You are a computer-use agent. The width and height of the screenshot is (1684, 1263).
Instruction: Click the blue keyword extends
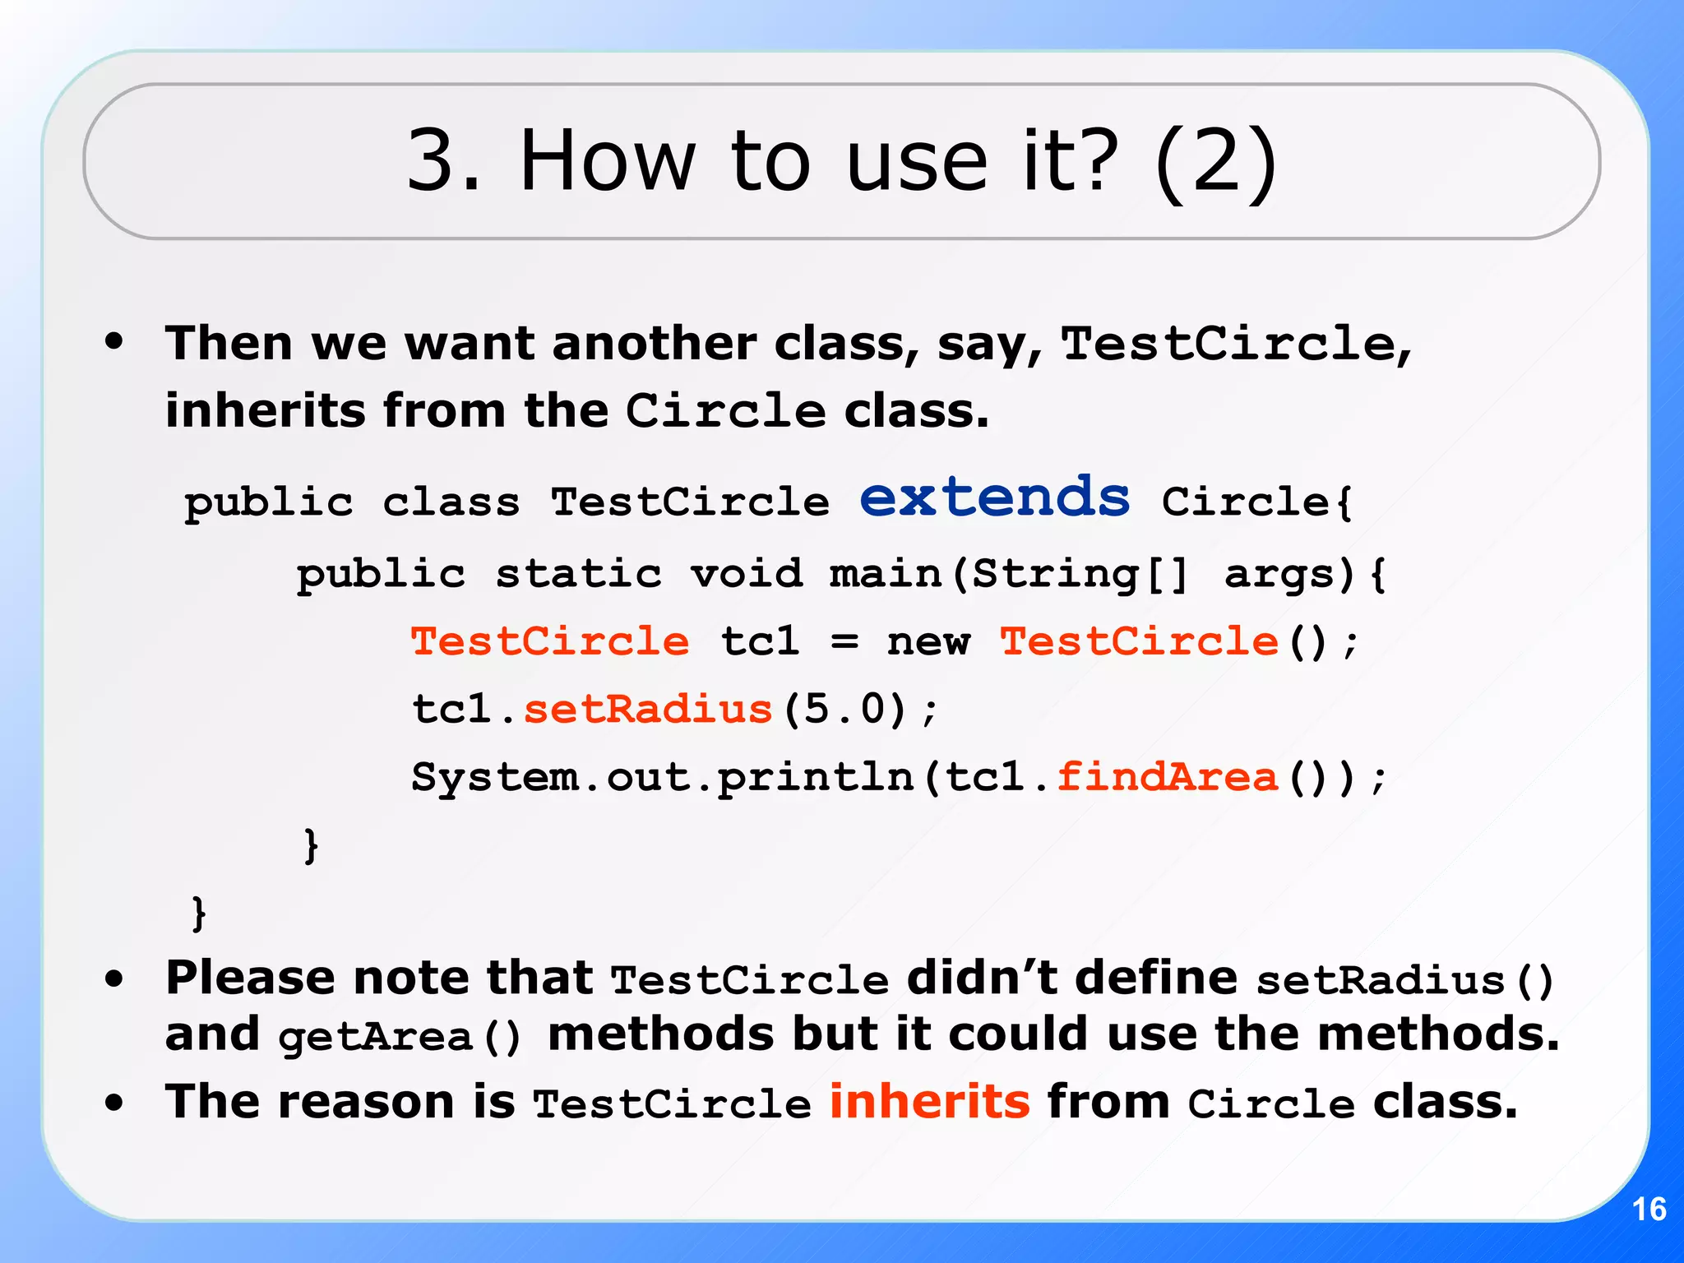(x=995, y=498)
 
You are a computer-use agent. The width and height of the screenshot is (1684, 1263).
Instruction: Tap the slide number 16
(x=1649, y=1210)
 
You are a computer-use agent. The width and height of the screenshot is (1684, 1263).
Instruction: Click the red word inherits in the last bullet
(x=929, y=1101)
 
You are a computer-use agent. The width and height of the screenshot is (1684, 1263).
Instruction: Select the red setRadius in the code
(x=648, y=709)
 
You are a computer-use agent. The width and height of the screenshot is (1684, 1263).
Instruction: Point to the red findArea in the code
(x=1168, y=777)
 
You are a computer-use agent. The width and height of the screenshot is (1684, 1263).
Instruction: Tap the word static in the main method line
(x=578, y=573)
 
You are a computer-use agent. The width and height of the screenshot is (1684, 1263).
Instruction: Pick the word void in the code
(x=747, y=573)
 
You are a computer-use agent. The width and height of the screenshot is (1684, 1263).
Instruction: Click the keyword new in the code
(x=928, y=641)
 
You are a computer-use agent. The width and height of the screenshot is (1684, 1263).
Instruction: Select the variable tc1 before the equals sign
(x=760, y=641)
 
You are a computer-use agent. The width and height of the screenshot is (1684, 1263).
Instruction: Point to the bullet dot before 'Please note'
(x=114, y=978)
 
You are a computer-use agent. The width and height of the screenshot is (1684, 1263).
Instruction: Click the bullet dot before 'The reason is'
(x=114, y=1103)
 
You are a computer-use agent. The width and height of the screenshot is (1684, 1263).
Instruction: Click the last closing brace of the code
(x=198, y=913)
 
